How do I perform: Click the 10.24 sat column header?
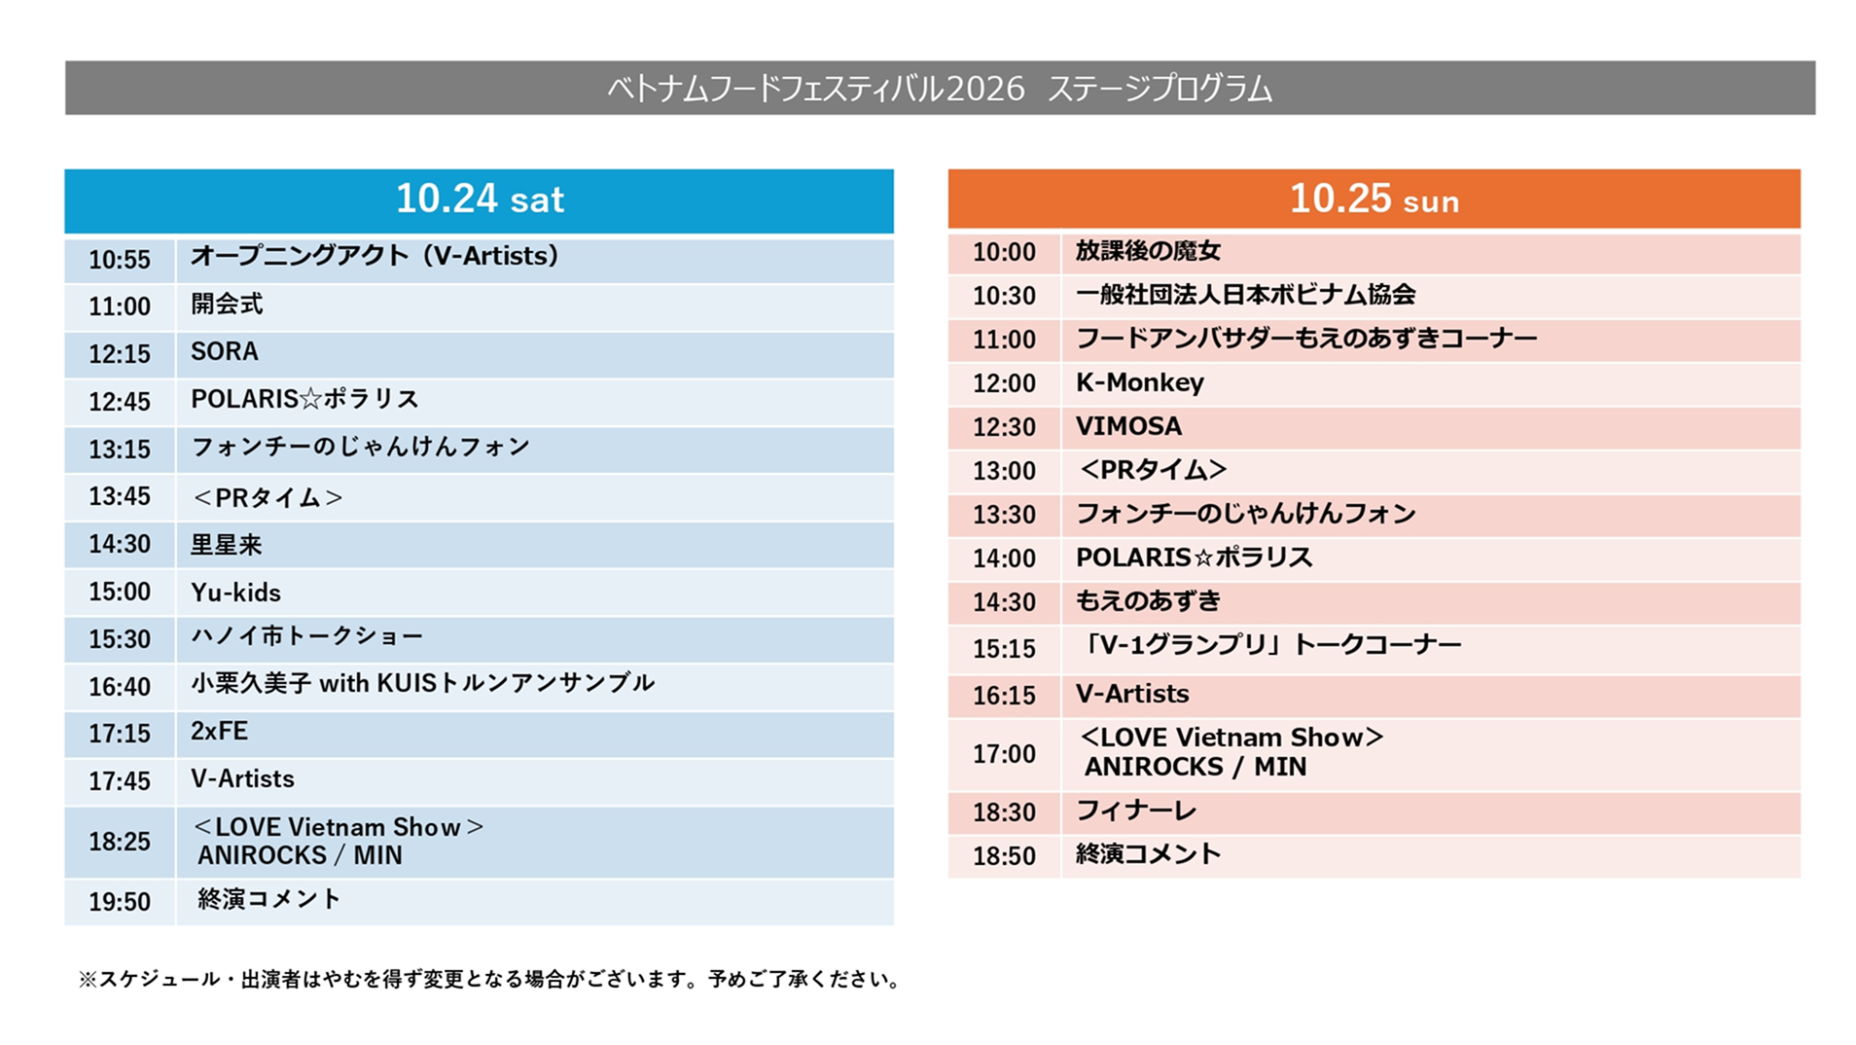(x=479, y=199)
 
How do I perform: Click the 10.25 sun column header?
(x=1374, y=199)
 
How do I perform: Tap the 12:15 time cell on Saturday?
(x=120, y=354)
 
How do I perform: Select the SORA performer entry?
(x=225, y=351)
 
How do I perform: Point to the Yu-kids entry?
(x=235, y=593)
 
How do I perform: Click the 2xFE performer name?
(x=220, y=731)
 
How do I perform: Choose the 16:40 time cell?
(x=120, y=687)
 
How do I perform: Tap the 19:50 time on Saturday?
(x=120, y=902)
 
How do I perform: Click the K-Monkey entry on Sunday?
(x=1140, y=382)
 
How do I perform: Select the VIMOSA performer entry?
(x=1129, y=426)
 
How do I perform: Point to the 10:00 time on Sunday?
(x=1004, y=252)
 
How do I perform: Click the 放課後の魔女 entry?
(x=1148, y=251)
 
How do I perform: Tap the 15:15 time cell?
(x=1004, y=649)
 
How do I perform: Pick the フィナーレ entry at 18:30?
(x=1136, y=811)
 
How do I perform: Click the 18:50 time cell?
(x=1004, y=856)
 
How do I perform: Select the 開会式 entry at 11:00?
(x=227, y=304)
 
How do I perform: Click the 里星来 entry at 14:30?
(x=227, y=545)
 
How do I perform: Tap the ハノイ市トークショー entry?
(x=307, y=636)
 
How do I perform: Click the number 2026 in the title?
(x=985, y=89)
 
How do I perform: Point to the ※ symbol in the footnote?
(x=88, y=980)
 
